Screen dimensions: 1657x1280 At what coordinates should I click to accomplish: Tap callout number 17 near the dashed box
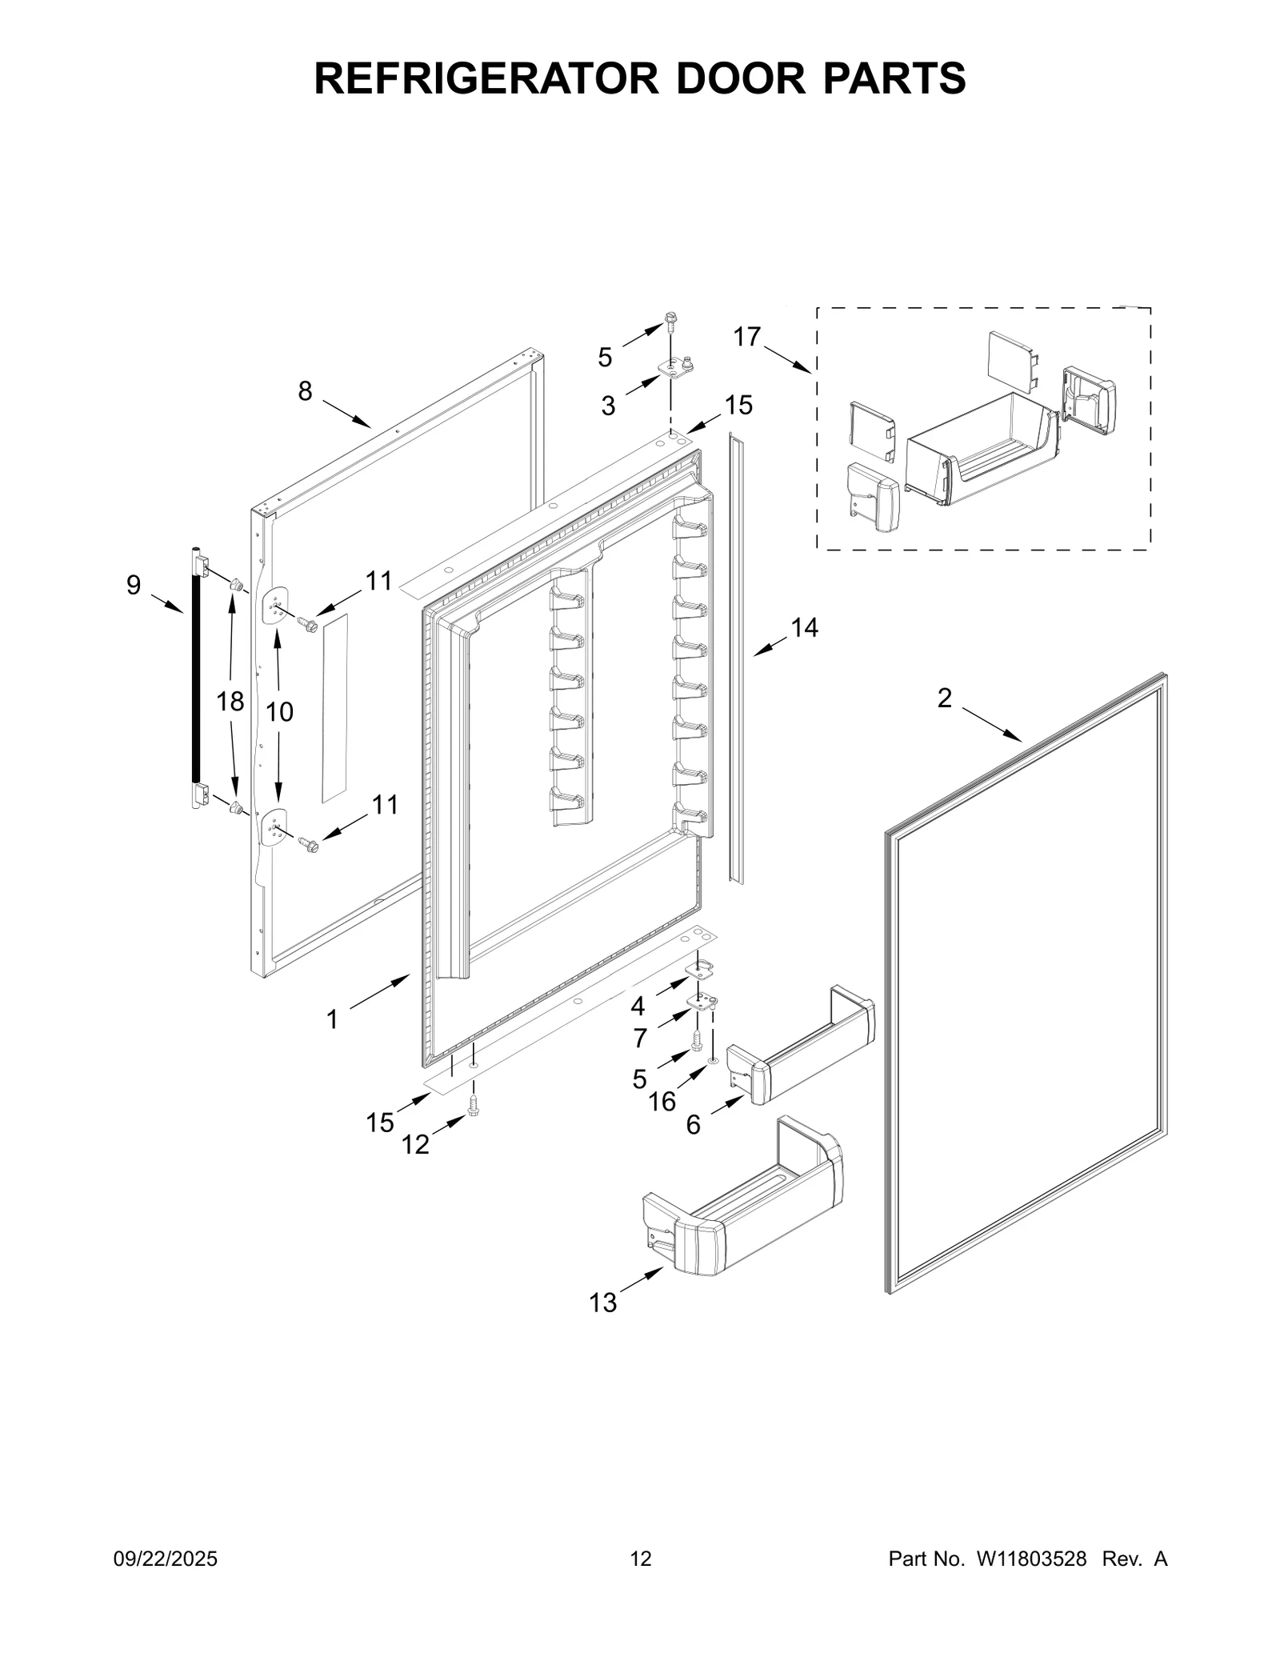(x=746, y=337)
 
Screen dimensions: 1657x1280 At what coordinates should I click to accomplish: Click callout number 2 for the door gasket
(x=944, y=698)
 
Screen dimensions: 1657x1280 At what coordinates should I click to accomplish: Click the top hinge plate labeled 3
(x=678, y=367)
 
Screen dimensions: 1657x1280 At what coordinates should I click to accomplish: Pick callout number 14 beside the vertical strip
(x=804, y=628)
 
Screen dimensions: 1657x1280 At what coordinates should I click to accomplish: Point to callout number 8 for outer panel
(x=305, y=391)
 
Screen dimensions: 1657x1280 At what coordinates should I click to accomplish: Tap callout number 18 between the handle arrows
(x=230, y=702)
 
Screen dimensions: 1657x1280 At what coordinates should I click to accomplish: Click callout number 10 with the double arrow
(x=279, y=711)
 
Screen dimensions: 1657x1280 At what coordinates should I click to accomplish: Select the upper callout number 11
(x=379, y=581)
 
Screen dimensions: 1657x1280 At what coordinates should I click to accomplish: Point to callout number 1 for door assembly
(x=332, y=1019)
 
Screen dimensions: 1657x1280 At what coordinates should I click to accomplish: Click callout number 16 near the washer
(x=662, y=1102)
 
